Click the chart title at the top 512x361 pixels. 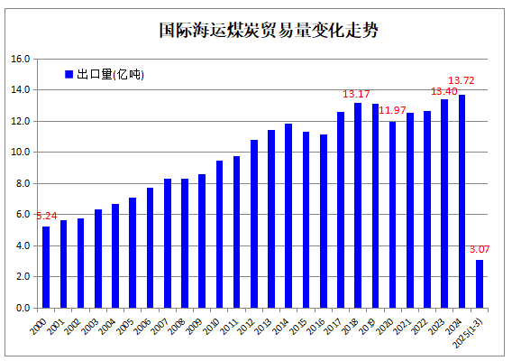(x=269, y=31)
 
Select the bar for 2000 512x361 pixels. (x=46, y=267)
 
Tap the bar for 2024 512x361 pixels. (x=462, y=201)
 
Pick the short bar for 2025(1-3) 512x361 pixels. (x=479, y=283)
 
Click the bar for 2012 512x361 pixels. (x=254, y=224)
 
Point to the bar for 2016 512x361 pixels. (x=324, y=221)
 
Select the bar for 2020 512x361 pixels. (x=392, y=215)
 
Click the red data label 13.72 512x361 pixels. (x=461, y=80)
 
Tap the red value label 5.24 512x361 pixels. (x=46, y=216)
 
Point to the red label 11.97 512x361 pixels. (x=392, y=110)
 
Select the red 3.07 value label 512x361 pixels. (x=480, y=249)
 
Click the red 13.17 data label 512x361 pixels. (x=356, y=94)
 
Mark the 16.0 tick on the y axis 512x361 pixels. (x=20, y=60)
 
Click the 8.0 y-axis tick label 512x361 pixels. (x=23, y=183)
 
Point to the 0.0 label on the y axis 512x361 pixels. (x=23, y=308)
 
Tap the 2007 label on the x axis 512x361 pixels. (x=160, y=326)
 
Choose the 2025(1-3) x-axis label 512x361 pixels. (x=469, y=332)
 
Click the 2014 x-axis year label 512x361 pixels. (x=281, y=326)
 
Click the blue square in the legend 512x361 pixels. (x=69, y=74)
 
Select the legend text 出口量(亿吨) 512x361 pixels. (x=110, y=74)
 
